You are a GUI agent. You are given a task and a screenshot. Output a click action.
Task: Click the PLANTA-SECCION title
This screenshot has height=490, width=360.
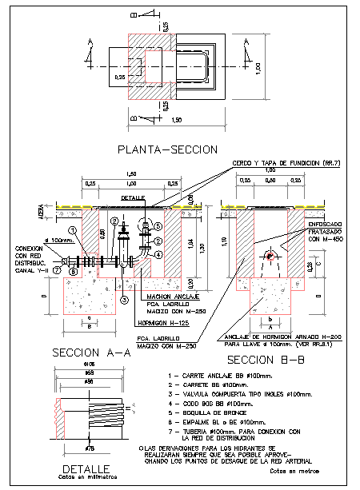point(167,149)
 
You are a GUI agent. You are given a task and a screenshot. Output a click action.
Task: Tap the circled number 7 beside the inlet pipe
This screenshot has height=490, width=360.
point(57,271)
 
